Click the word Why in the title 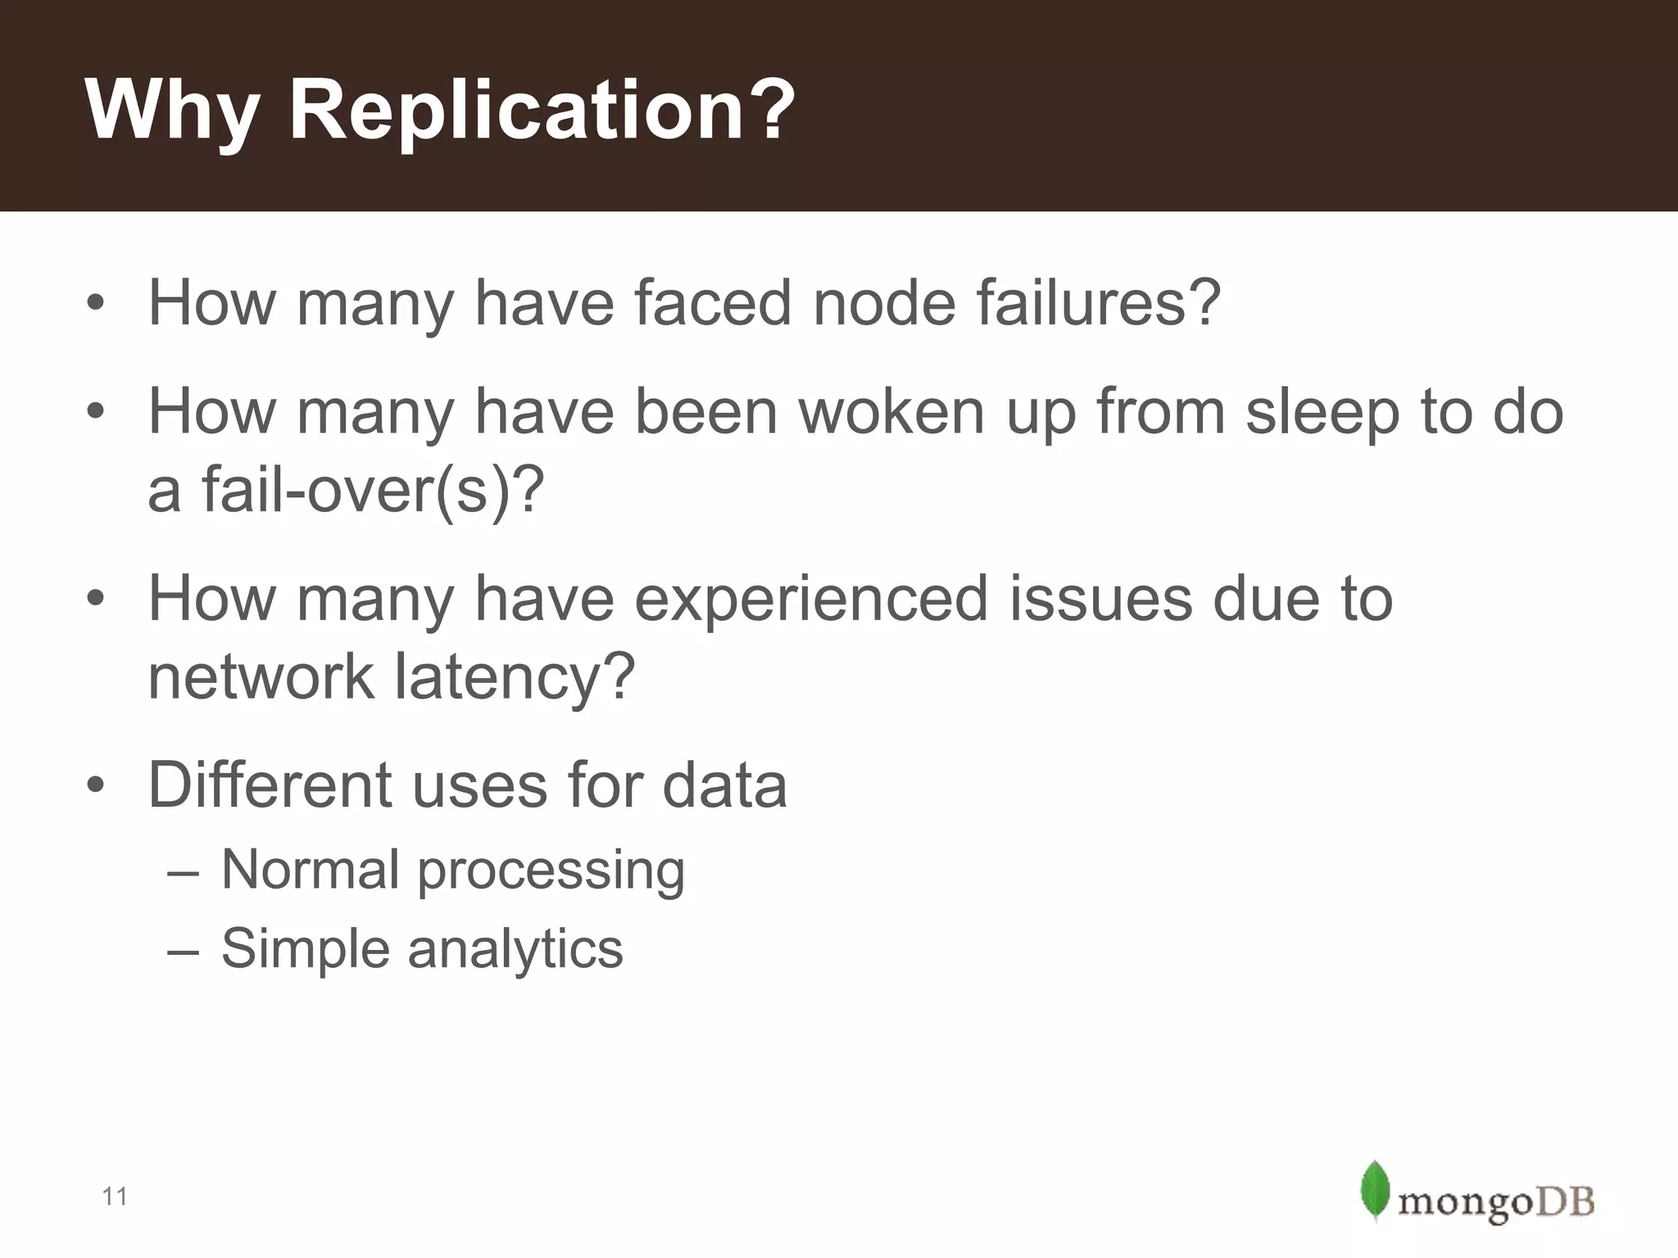172,113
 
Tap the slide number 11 115,1197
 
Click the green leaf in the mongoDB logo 1374,1190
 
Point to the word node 884,303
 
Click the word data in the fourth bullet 724,785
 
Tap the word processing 551,870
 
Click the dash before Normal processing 182,871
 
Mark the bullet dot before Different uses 96,785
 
